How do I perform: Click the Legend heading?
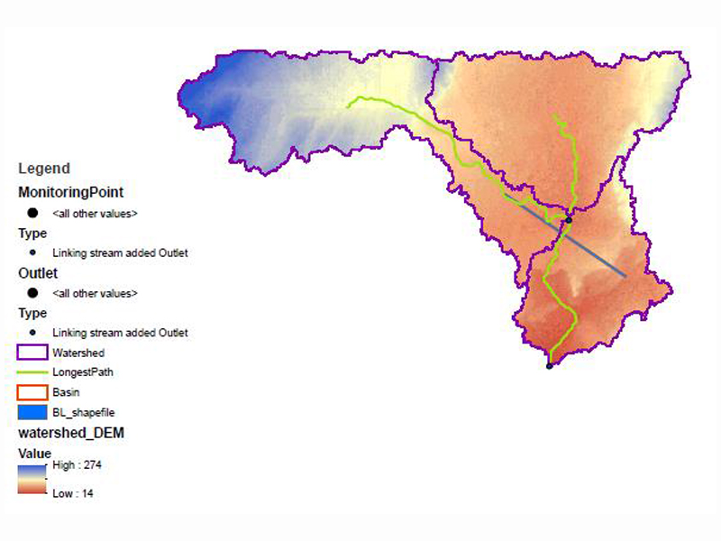click(43, 169)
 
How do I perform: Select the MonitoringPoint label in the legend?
click(71, 192)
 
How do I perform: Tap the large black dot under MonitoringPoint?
click(32, 214)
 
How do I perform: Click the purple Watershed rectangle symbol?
click(32, 353)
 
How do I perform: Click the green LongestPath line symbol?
click(32, 371)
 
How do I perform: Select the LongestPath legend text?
click(83, 371)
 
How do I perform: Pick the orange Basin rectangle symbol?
click(32, 392)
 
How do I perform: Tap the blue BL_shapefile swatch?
click(32, 411)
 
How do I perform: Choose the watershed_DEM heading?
click(71, 434)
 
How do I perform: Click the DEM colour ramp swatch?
click(32, 479)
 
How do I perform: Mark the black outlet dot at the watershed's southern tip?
click(550, 366)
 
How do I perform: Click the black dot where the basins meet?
click(569, 220)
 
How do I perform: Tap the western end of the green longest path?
click(349, 105)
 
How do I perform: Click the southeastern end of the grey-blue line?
click(625, 275)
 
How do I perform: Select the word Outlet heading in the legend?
click(38, 271)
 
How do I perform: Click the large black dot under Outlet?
click(32, 293)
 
